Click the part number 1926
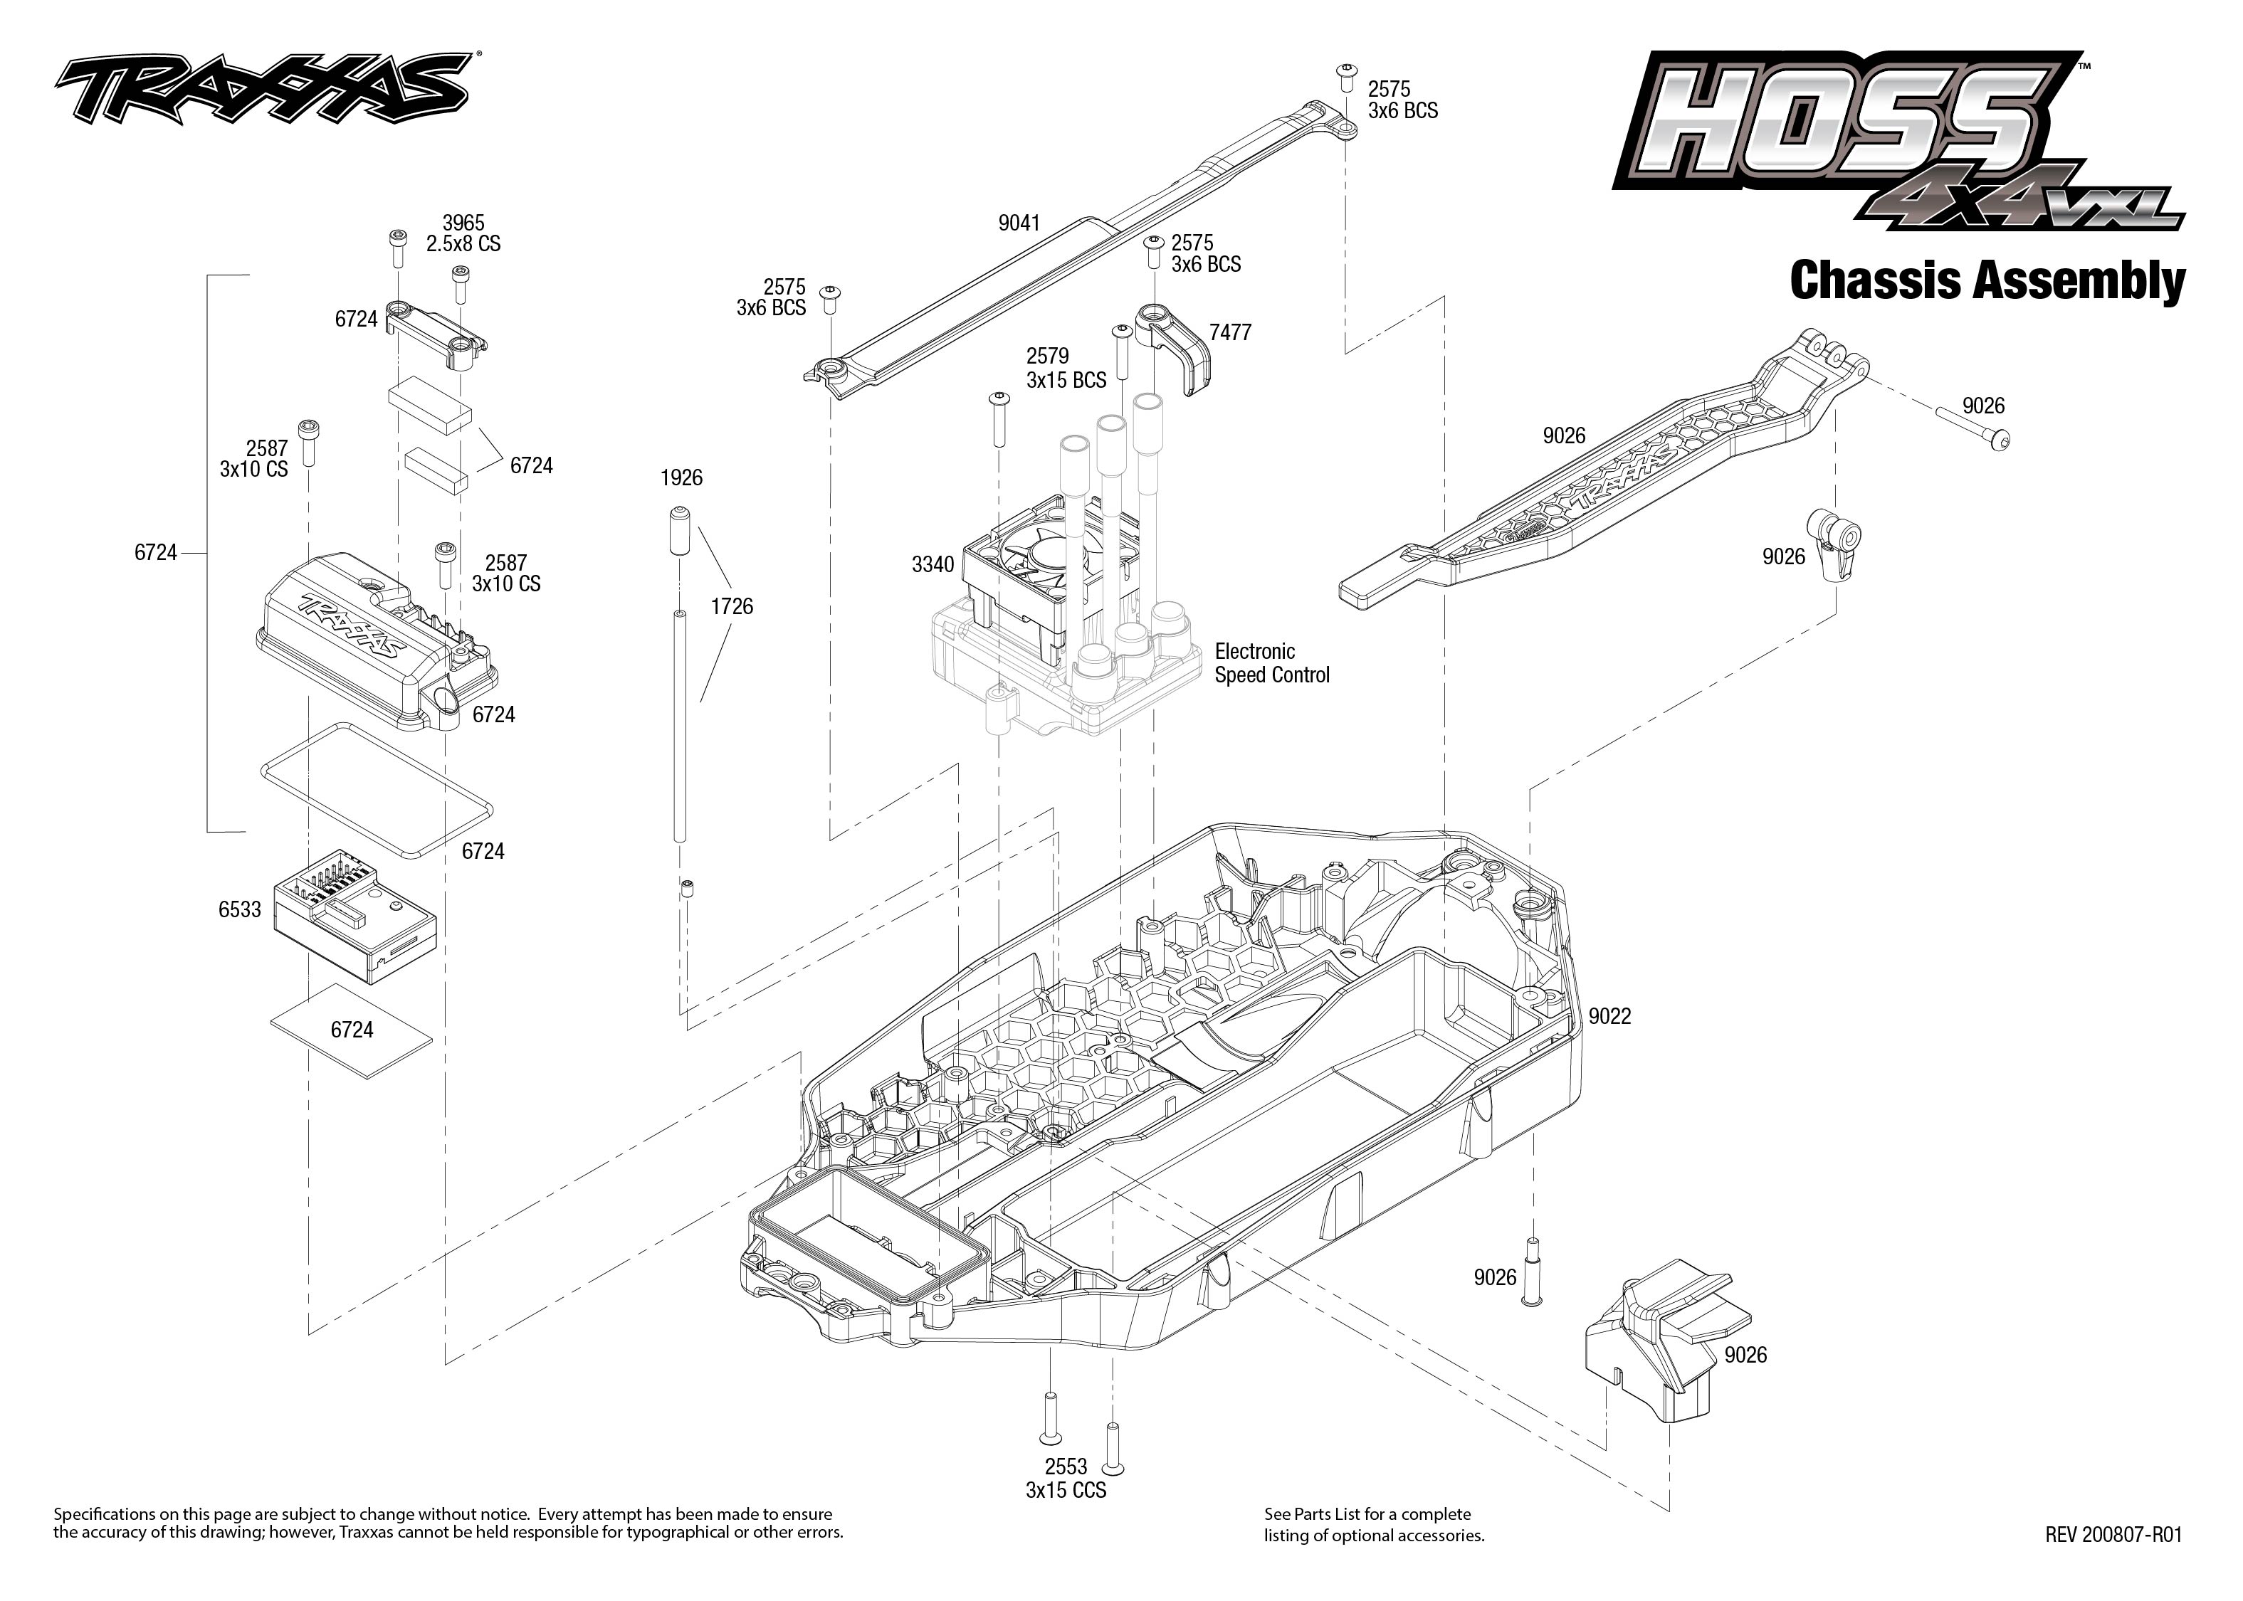(681, 478)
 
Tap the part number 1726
(732, 606)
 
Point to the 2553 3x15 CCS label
(1066, 1479)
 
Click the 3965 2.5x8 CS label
(463, 233)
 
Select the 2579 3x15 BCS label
(1065, 368)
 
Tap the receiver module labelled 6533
(355, 916)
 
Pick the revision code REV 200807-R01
(2113, 1535)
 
